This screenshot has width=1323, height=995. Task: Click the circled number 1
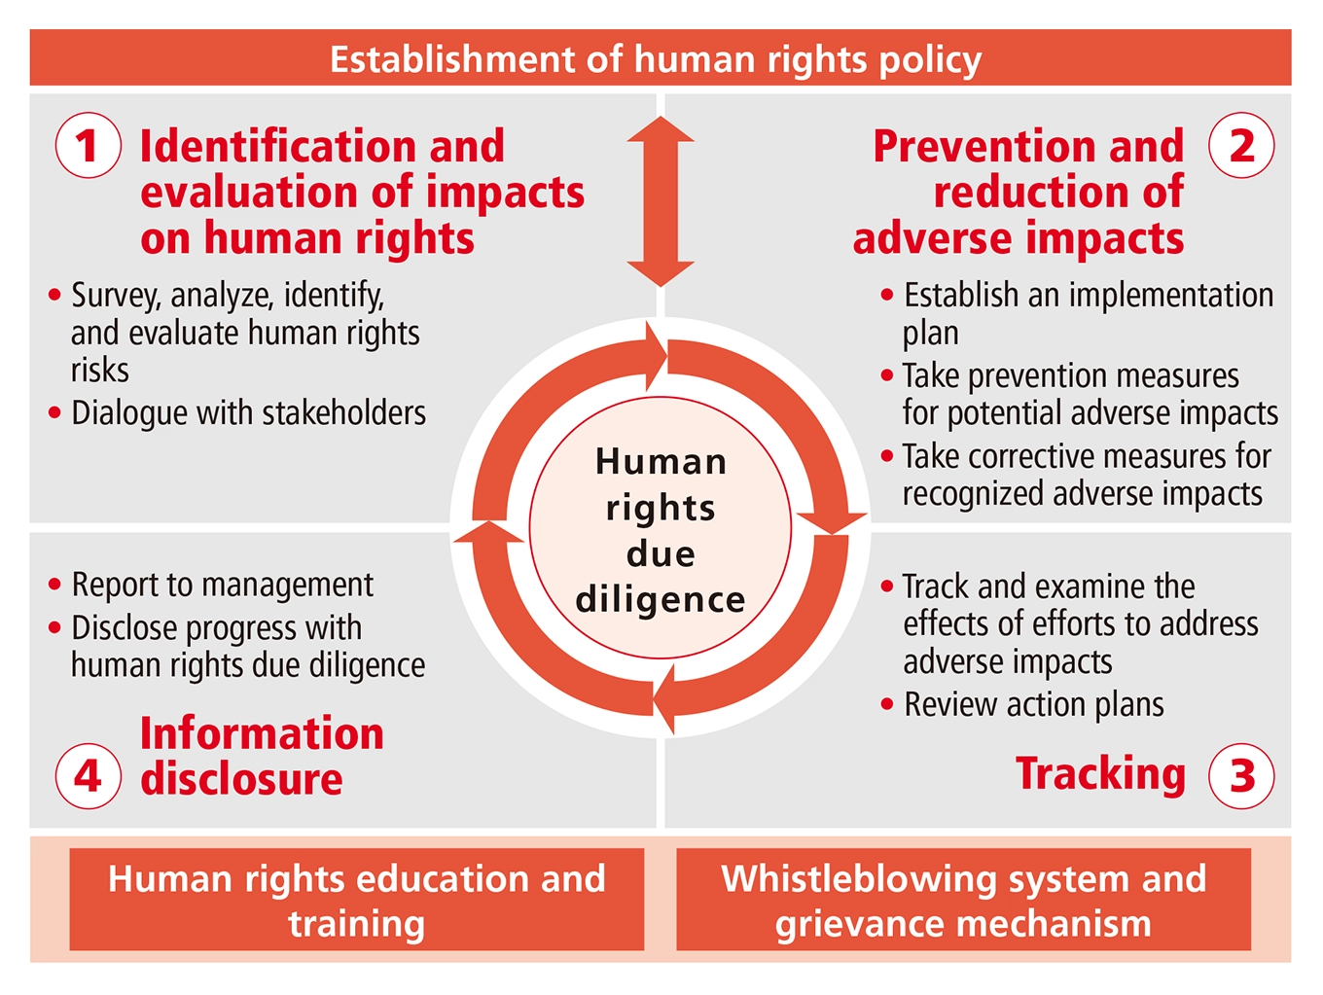click(88, 146)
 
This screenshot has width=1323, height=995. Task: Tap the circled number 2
click(1241, 146)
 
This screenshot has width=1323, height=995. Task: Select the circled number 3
click(1241, 775)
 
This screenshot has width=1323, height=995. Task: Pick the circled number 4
click(88, 775)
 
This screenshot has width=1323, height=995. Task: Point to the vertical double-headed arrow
click(661, 201)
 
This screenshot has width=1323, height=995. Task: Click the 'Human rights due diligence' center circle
click(661, 529)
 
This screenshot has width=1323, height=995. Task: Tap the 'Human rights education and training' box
click(356, 900)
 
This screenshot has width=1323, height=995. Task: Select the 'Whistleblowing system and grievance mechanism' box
click(963, 900)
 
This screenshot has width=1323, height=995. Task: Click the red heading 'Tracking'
click(1100, 773)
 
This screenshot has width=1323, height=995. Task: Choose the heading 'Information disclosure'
click(261, 756)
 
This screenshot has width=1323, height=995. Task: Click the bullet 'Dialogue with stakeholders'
click(248, 412)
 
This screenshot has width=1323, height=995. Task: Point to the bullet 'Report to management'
click(222, 585)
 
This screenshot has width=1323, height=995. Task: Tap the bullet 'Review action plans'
click(1033, 704)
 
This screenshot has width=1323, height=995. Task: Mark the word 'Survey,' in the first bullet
click(116, 295)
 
